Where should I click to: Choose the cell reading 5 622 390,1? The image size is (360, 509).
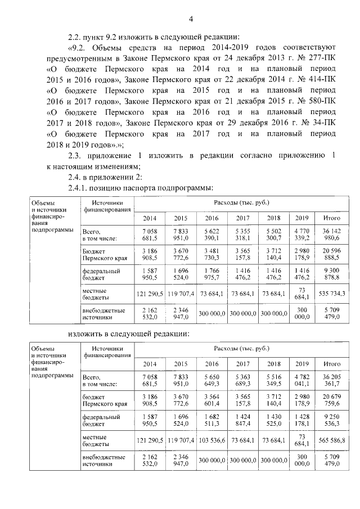tap(211, 235)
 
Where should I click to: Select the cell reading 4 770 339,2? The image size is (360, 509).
tap(301, 235)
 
